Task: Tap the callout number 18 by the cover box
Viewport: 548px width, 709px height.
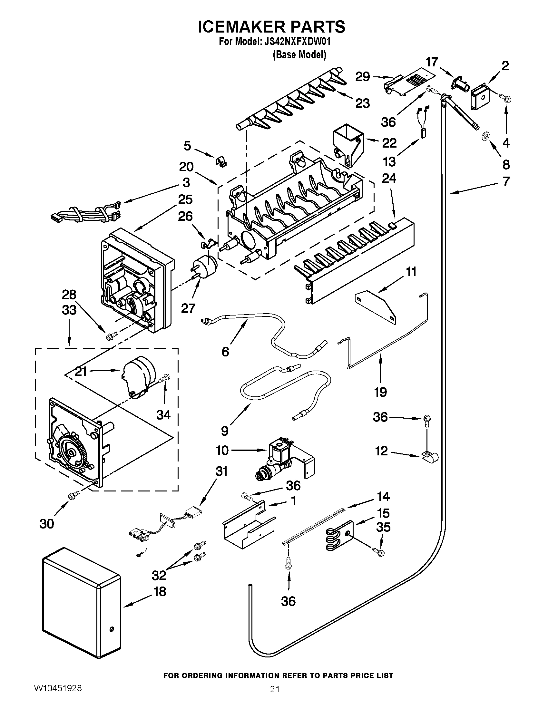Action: click(x=159, y=591)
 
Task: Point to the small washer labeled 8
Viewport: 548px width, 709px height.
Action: click(x=486, y=136)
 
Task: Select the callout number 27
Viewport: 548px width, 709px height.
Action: click(x=188, y=308)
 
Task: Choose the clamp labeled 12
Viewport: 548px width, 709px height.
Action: click(x=430, y=457)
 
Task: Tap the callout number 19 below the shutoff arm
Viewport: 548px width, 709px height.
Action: click(x=380, y=392)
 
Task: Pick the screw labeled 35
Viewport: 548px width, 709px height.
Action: click(x=378, y=551)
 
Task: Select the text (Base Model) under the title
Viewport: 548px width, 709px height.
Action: click(x=299, y=54)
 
